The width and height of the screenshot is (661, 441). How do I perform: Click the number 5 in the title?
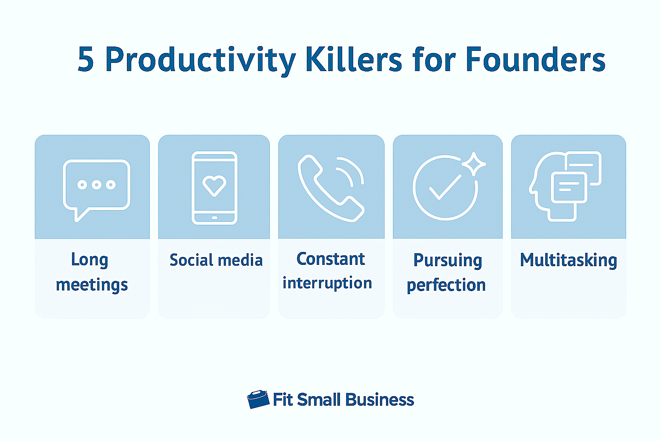[86, 59]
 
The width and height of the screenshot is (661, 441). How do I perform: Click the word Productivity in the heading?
[201, 61]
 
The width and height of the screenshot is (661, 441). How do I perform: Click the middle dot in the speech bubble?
[96, 185]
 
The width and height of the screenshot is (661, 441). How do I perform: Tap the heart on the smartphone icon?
[214, 186]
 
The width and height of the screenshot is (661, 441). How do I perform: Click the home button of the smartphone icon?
[215, 217]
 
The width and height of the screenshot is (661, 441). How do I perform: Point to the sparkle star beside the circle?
[474, 164]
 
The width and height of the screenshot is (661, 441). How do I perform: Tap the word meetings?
[92, 285]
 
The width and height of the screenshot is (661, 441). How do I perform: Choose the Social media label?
[216, 260]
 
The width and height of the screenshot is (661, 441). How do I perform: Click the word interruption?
[327, 283]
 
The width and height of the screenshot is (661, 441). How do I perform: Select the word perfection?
[446, 286]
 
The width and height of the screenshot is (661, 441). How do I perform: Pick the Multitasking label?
[568, 261]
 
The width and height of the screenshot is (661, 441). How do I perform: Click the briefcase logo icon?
[258, 399]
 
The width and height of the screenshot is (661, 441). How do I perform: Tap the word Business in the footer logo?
[380, 400]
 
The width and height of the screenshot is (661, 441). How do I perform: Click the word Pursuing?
[448, 261]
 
